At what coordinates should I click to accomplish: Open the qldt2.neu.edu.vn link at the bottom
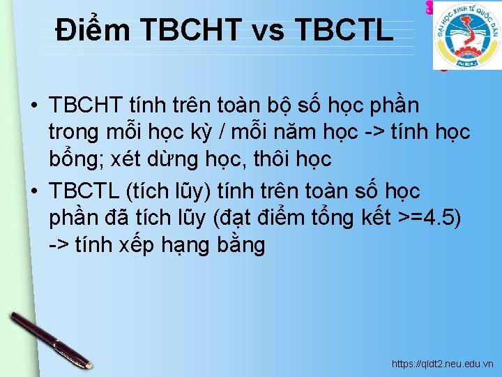tap(442, 364)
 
